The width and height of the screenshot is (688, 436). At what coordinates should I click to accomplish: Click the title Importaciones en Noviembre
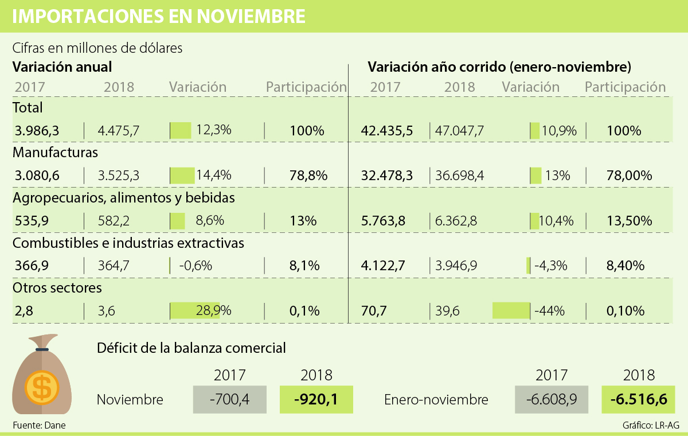pyautogui.click(x=158, y=16)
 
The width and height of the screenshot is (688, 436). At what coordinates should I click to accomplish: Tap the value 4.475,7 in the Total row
pyautogui.click(x=119, y=130)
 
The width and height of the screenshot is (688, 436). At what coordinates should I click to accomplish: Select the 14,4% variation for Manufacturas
pyautogui.click(x=214, y=175)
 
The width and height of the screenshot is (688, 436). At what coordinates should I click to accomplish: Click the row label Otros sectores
pyautogui.click(x=57, y=287)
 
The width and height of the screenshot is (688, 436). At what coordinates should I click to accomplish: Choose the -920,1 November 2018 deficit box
pyautogui.click(x=316, y=399)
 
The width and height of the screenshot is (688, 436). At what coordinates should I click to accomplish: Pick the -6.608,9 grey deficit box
pyautogui.click(x=552, y=399)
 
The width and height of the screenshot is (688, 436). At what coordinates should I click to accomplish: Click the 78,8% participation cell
pyautogui.click(x=308, y=175)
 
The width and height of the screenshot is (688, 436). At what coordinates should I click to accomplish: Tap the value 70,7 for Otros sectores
pyautogui.click(x=374, y=310)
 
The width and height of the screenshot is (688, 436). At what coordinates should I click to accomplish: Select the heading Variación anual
pyautogui.click(x=62, y=67)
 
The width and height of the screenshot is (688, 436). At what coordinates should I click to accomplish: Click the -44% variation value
pyautogui.click(x=550, y=310)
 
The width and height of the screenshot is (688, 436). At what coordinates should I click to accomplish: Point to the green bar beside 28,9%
pyautogui.click(x=195, y=310)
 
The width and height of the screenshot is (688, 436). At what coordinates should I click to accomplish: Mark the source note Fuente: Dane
pyautogui.click(x=36, y=426)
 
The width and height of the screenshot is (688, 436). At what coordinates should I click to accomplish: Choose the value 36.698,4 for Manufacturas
pyautogui.click(x=460, y=175)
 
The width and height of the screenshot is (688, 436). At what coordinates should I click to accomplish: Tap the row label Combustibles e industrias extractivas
pyautogui.click(x=128, y=243)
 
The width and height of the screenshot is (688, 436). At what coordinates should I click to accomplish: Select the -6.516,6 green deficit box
pyautogui.click(x=638, y=399)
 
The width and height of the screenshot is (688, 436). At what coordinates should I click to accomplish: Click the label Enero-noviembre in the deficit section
pyautogui.click(x=436, y=399)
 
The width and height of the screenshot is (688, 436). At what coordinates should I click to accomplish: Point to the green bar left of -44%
pyautogui.click(x=511, y=310)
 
